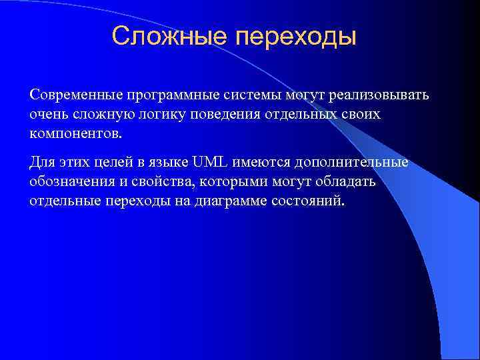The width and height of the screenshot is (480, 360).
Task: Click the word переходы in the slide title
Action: [x=295, y=37]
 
